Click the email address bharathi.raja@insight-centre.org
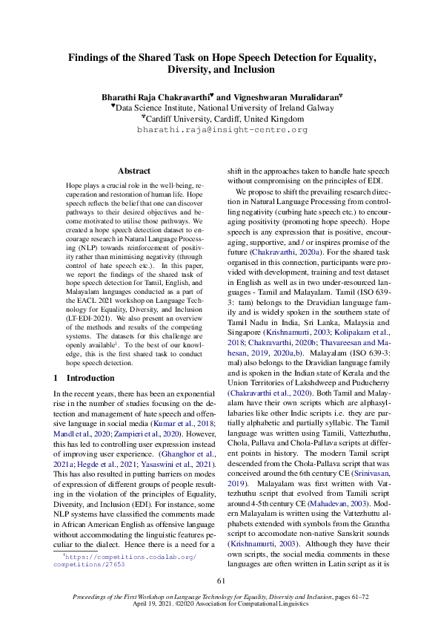[x=222, y=129]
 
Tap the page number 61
[x=220, y=580]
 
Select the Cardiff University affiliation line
[x=220, y=118]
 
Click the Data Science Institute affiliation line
[x=220, y=108]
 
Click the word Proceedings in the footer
[x=91, y=597]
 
